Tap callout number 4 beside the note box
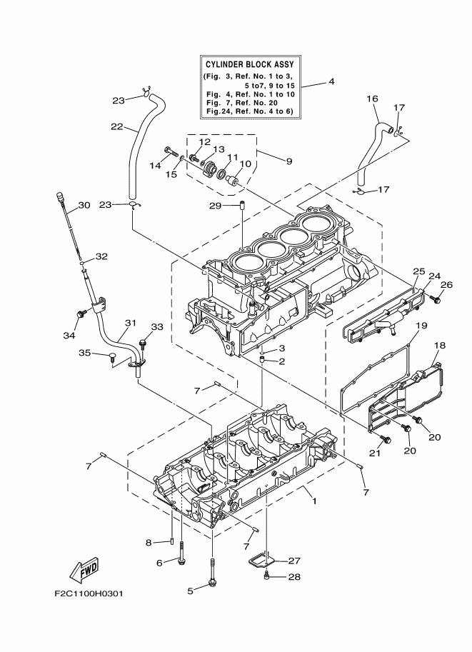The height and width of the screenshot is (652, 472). click(331, 82)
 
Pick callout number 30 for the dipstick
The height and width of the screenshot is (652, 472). click(84, 206)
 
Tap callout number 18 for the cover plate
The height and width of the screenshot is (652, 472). click(439, 346)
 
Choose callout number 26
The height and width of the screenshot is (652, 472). click(446, 285)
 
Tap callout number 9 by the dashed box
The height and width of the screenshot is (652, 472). click(288, 161)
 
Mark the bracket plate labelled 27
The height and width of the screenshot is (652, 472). click(264, 557)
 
